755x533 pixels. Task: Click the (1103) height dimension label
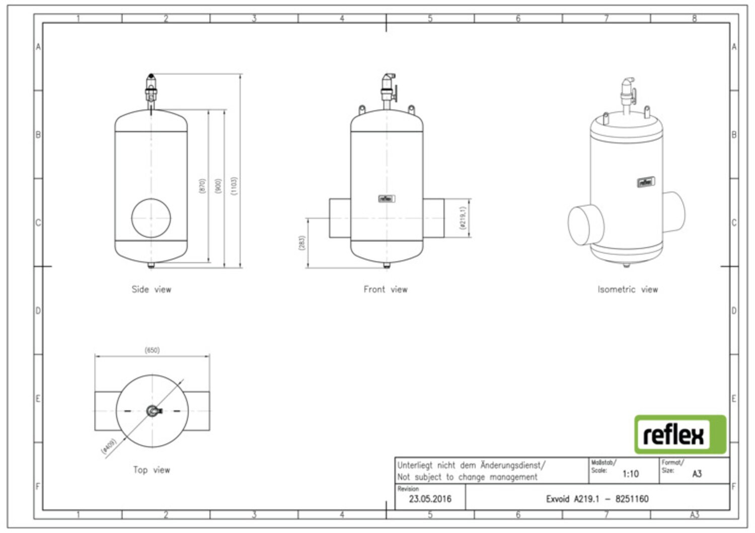pyautogui.click(x=234, y=186)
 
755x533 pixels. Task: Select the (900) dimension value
pyautogui.click(x=218, y=186)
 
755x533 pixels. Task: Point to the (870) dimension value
pyautogui.click(x=202, y=186)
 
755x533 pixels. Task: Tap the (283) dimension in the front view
pyautogui.click(x=301, y=243)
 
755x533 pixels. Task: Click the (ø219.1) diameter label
pyautogui.click(x=463, y=218)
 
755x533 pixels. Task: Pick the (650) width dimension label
pyautogui.click(x=152, y=350)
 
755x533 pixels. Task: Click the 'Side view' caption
pyautogui.click(x=152, y=289)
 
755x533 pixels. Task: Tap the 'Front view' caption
pyautogui.click(x=386, y=289)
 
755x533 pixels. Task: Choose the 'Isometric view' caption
pyautogui.click(x=628, y=289)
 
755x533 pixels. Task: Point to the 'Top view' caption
pyautogui.click(x=152, y=470)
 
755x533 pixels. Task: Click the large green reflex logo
pyautogui.click(x=680, y=434)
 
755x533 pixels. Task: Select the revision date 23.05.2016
pyautogui.click(x=430, y=499)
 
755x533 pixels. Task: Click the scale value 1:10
pyautogui.click(x=631, y=474)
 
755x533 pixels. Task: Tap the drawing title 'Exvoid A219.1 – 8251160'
pyautogui.click(x=597, y=499)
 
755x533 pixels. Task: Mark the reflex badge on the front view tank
pyautogui.click(x=387, y=199)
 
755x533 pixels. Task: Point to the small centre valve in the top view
pyautogui.click(x=154, y=411)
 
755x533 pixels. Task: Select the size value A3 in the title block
pyautogui.click(x=697, y=474)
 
